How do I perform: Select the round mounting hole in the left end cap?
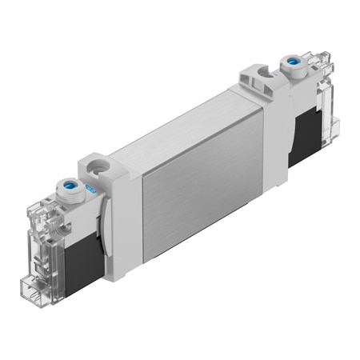click(100, 169)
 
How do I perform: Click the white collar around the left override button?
click(65, 196)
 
